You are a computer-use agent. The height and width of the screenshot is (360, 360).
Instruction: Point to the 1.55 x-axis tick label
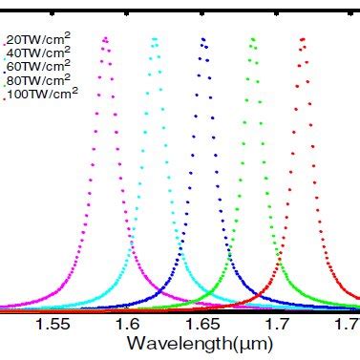coord(53,325)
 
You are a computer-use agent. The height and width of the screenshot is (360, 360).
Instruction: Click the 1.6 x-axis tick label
coord(128,325)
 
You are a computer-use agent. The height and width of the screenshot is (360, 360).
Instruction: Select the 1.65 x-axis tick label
coord(202,325)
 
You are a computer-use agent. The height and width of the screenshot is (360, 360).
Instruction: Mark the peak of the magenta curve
coord(105,38)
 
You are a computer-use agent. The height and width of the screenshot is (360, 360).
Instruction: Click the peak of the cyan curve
coord(155,38)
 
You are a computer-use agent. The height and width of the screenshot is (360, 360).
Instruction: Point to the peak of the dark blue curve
coord(202,38)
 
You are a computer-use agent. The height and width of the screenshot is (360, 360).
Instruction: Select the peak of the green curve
coord(253,38)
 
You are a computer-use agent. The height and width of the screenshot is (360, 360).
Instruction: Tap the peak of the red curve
coord(303,38)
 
